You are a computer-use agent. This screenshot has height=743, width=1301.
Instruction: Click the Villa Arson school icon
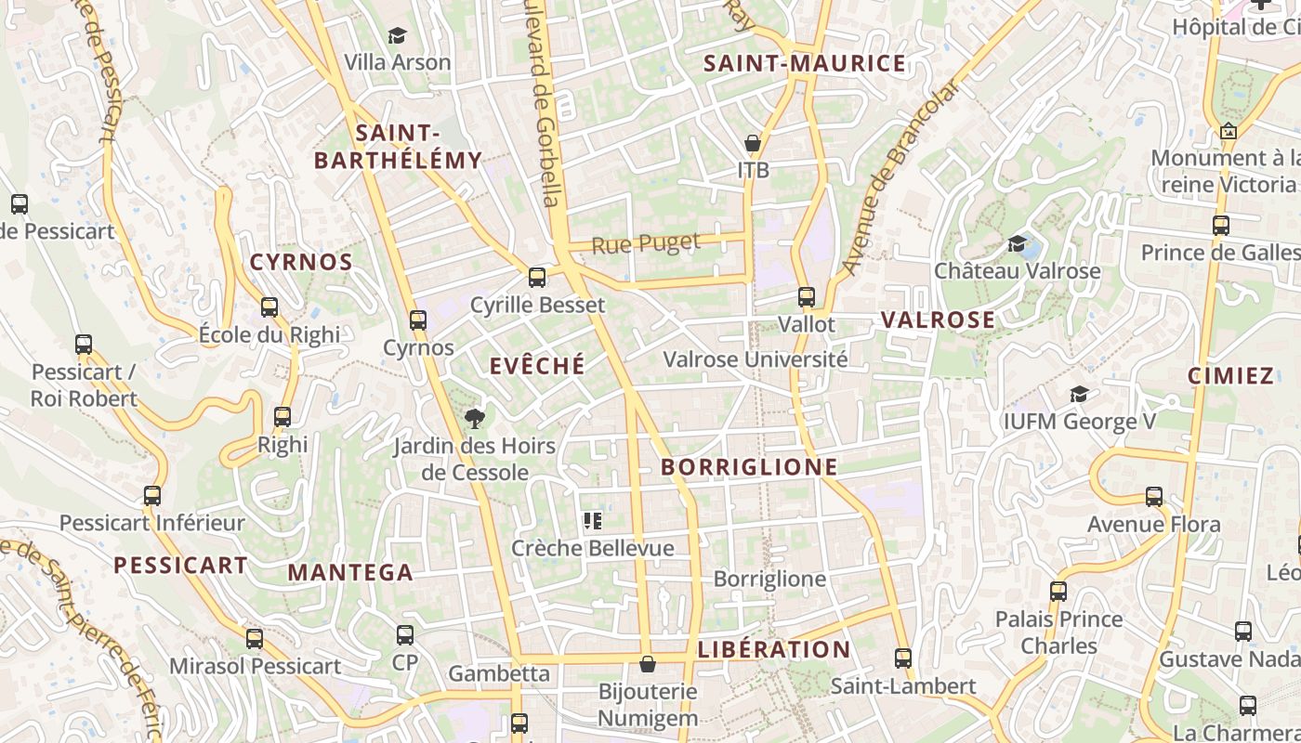(x=398, y=36)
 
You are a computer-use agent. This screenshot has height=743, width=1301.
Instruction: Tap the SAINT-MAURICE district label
(x=804, y=63)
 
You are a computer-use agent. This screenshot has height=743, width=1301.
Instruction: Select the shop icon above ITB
(x=753, y=144)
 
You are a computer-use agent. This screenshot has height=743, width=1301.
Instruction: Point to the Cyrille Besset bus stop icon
(x=536, y=278)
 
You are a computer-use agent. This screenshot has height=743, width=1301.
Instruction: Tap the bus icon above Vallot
(x=807, y=297)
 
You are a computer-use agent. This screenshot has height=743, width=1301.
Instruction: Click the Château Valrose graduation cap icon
(x=1017, y=244)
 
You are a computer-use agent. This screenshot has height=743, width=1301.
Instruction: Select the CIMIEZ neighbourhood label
(x=1230, y=376)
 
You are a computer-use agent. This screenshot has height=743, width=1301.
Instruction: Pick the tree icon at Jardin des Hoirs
(x=475, y=419)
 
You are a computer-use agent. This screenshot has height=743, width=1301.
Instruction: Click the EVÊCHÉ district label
(x=537, y=366)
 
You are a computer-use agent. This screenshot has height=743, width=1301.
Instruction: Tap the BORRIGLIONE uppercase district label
(x=749, y=467)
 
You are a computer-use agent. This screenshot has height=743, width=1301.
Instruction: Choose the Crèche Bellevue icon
(x=593, y=521)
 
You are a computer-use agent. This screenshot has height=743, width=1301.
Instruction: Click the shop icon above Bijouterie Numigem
(x=648, y=664)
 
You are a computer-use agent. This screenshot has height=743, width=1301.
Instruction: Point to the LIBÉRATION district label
(x=773, y=649)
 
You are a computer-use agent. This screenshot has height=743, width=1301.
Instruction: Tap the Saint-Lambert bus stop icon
(x=902, y=658)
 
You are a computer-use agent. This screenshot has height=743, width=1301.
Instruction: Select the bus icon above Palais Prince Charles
(x=1058, y=592)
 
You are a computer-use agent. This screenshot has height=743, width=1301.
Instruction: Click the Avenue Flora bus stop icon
(x=1154, y=497)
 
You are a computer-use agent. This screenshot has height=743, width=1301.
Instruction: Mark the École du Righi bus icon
(x=269, y=307)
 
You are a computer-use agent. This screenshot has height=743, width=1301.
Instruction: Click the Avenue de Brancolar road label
(x=899, y=176)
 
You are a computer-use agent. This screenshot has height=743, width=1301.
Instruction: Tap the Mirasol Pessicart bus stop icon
(x=255, y=639)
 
